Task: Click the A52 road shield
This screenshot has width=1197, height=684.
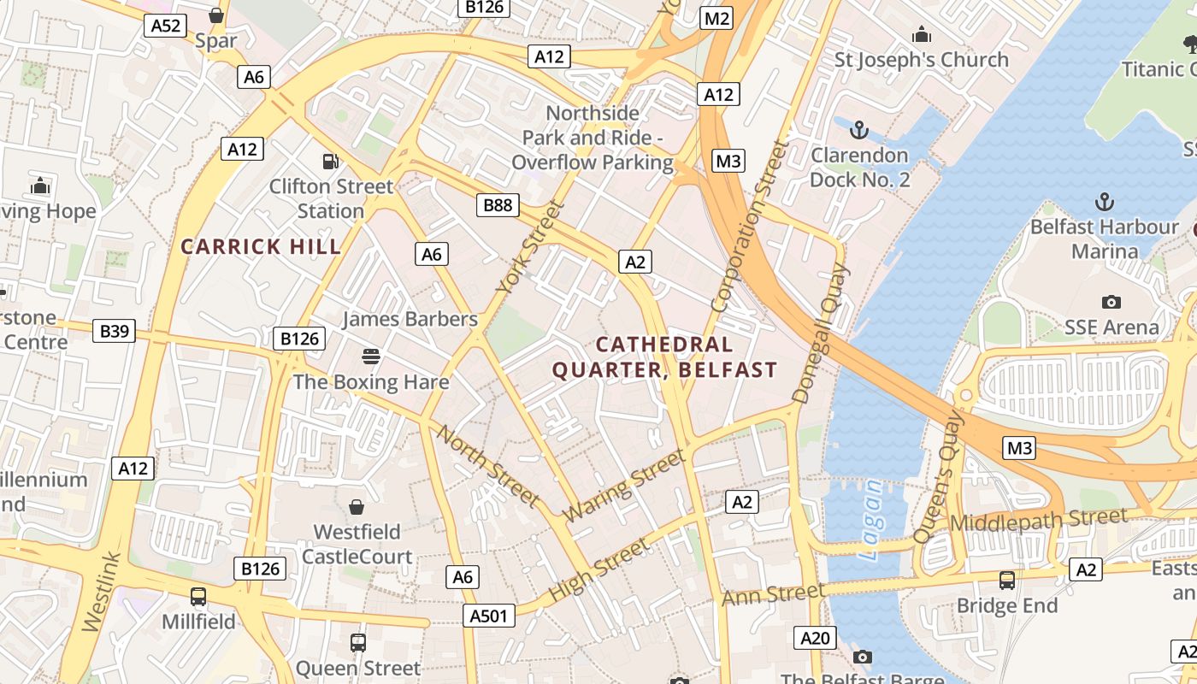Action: [166, 26]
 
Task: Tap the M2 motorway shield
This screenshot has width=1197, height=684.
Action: [716, 18]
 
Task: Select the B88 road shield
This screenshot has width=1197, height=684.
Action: [498, 205]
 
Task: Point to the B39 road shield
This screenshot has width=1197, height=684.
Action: [114, 331]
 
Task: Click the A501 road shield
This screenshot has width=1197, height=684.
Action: [489, 616]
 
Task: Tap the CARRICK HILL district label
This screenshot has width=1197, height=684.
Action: [261, 247]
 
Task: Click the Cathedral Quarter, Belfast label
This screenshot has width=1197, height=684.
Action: [664, 357]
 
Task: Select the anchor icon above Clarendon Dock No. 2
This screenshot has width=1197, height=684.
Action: [859, 130]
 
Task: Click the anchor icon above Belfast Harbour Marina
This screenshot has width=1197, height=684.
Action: [1105, 202]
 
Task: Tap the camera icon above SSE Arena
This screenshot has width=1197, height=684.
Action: [1111, 302]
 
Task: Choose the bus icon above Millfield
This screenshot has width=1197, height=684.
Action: [198, 596]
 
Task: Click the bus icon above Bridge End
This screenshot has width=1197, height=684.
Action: [1007, 581]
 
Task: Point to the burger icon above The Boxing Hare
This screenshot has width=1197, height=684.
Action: [371, 356]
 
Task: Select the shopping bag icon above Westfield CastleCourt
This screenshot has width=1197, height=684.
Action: [357, 507]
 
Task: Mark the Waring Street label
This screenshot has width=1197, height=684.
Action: [624, 486]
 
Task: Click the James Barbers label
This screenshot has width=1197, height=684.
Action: [410, 319]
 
